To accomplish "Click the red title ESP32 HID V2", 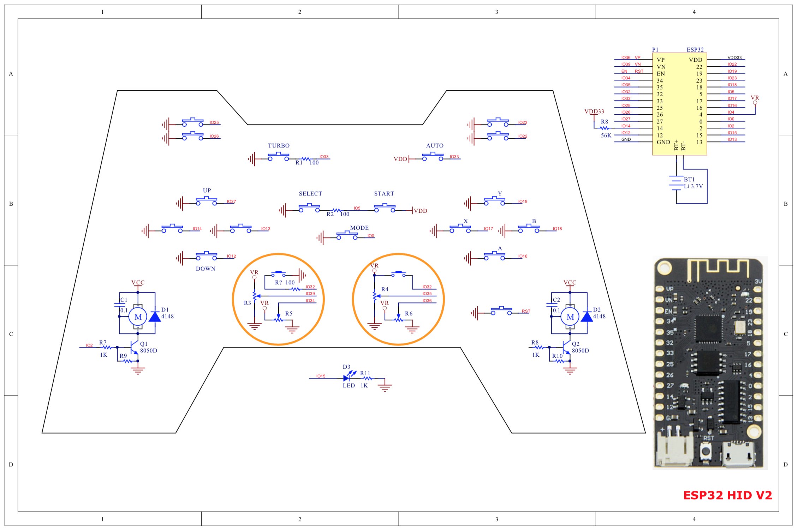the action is tap(728, 495).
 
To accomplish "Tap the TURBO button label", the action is tap(279, 146).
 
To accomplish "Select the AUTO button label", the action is tap(435, 146).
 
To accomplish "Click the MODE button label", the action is tap(359, 228).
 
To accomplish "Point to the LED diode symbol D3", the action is tap(347, 378).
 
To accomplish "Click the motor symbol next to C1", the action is tap(138, 317).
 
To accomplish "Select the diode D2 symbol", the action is tap(587, 316).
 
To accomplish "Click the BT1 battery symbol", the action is tap(676, 183).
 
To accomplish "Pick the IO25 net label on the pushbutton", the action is tap(214, 122).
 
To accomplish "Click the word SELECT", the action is tap(310, 194).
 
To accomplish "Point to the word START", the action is tap(384, 194).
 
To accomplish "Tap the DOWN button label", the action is tap(206, 269).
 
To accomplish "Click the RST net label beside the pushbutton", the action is tap(526, 311).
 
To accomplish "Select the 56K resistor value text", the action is tap(606, 135).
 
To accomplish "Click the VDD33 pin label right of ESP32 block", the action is tap(734, 58).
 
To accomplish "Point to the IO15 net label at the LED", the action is tap(321, 376).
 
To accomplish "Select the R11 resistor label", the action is tap(365, 373).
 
